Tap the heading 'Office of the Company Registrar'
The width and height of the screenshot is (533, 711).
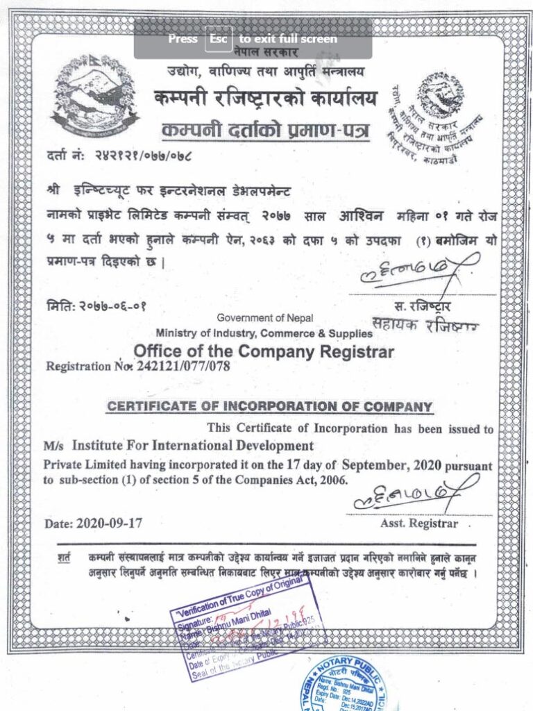[263, 351]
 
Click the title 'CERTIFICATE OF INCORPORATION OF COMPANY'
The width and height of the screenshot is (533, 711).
[269, 407]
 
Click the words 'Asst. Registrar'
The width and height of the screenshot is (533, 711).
[418, 523]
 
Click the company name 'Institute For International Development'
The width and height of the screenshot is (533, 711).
[193, 445]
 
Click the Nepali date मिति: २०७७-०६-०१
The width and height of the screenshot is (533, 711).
[97, 304]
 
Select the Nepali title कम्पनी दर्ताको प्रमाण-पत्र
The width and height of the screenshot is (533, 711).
[266, 129]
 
